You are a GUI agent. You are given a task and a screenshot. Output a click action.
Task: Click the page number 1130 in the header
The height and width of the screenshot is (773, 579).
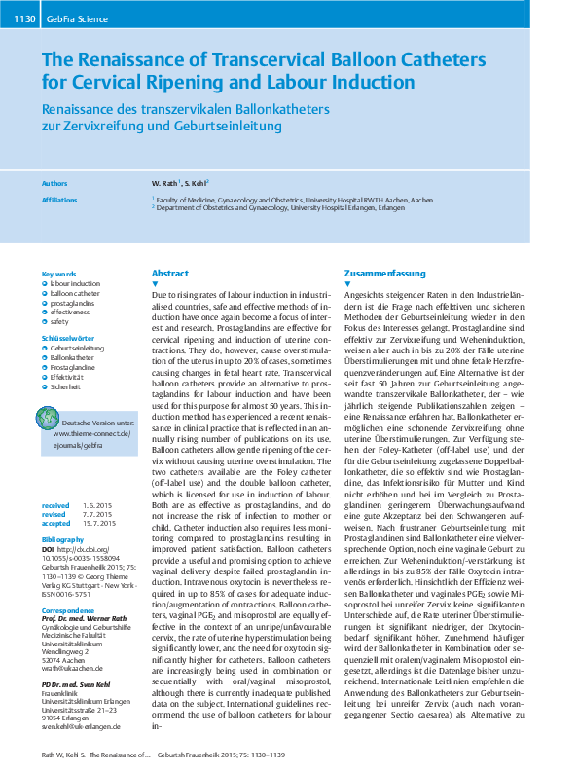(x=24, y=18)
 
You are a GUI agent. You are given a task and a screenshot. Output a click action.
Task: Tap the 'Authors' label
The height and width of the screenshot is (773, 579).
(x=55, y=183)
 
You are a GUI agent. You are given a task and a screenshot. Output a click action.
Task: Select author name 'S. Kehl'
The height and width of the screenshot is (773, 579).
(x=197, y=183)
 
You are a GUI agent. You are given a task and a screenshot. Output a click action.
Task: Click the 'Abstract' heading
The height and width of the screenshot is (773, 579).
(x=170, y=274)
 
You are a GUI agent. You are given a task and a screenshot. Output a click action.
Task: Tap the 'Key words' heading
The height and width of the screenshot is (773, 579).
(x=58, y=274)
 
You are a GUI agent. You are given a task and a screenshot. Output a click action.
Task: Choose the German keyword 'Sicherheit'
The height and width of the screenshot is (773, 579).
(x=68, y=386)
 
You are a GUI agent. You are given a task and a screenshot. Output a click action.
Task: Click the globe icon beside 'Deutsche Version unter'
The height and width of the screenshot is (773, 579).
(x=48, y=418)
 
